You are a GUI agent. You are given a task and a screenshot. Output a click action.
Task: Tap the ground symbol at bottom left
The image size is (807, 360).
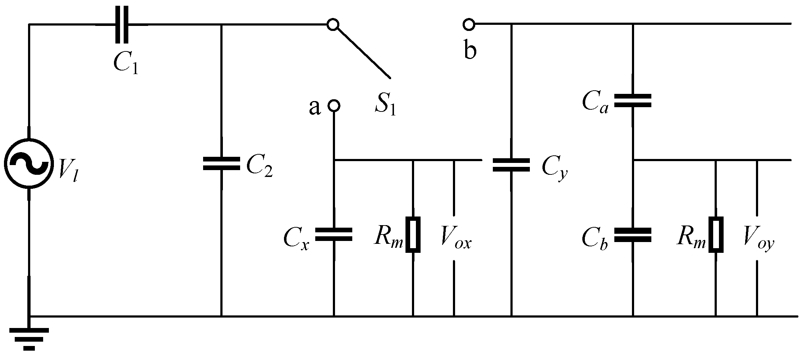click(29, 338)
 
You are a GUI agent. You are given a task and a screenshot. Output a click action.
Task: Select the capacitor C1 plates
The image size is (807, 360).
click(122, 24)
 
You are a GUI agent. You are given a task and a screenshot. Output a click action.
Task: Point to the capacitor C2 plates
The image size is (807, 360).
click(221, 163)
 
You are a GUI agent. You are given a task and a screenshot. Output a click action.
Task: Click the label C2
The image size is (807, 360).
click(259, 167)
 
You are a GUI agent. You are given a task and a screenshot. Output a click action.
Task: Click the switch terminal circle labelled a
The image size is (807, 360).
click(334, 105)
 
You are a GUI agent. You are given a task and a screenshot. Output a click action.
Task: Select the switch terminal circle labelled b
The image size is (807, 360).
click(469, 24)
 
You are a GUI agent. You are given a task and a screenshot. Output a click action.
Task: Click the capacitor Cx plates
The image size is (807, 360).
click(334, 234)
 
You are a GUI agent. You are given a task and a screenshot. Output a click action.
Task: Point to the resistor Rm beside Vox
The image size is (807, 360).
click(413, 234)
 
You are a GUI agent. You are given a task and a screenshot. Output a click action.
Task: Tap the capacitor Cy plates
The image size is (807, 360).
click(511, 165)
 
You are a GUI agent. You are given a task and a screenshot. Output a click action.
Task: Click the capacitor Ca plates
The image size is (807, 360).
click(633, 101)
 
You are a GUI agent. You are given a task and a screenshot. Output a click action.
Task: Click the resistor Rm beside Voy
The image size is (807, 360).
click(716, 234)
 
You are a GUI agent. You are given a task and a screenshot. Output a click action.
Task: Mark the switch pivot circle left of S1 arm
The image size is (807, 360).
click(333, 24)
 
